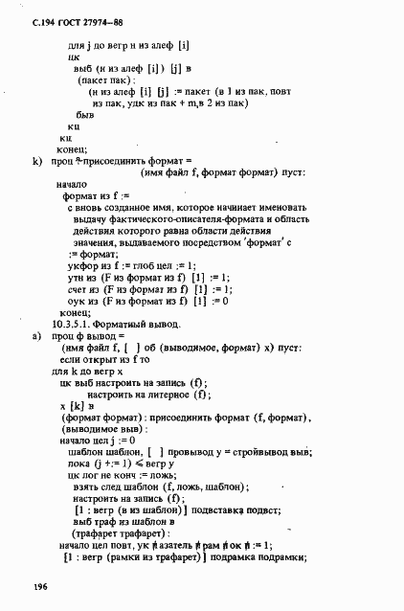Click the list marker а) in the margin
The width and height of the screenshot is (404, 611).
[37, 337]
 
